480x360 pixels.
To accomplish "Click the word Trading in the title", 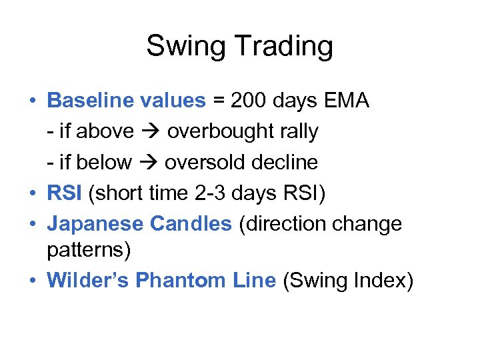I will [x=289, y=47].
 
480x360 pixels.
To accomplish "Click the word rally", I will [x=297, y=131].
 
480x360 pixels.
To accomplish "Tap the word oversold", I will [x=206, y=162].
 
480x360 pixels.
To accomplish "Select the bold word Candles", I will [x=190, y=223].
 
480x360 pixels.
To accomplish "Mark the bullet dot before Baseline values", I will [x=32, y=102].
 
